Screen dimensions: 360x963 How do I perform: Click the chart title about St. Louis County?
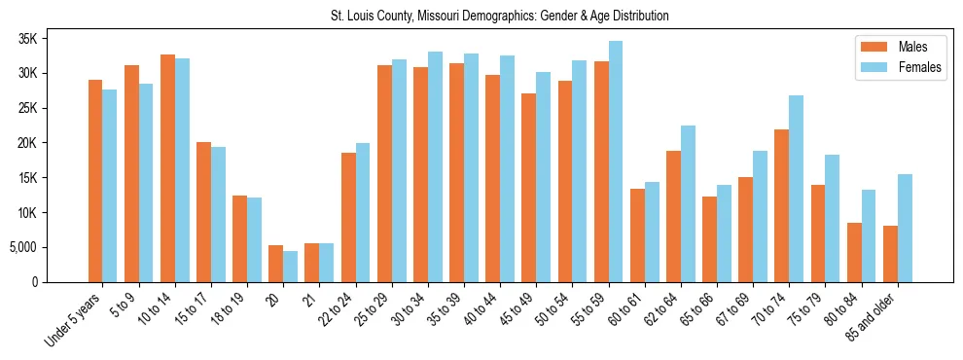[481, 17]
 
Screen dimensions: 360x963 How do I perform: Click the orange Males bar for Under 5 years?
[95, 181]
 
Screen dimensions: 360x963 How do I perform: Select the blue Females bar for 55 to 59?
[616, 162]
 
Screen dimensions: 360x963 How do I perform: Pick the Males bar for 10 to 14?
[167, 168]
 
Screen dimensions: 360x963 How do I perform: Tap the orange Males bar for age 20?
[275, 264]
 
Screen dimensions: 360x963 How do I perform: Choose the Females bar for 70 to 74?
[797, 189]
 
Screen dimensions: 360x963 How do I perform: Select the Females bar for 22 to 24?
[363, 213]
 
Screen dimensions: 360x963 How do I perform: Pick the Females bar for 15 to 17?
[218, 215]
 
